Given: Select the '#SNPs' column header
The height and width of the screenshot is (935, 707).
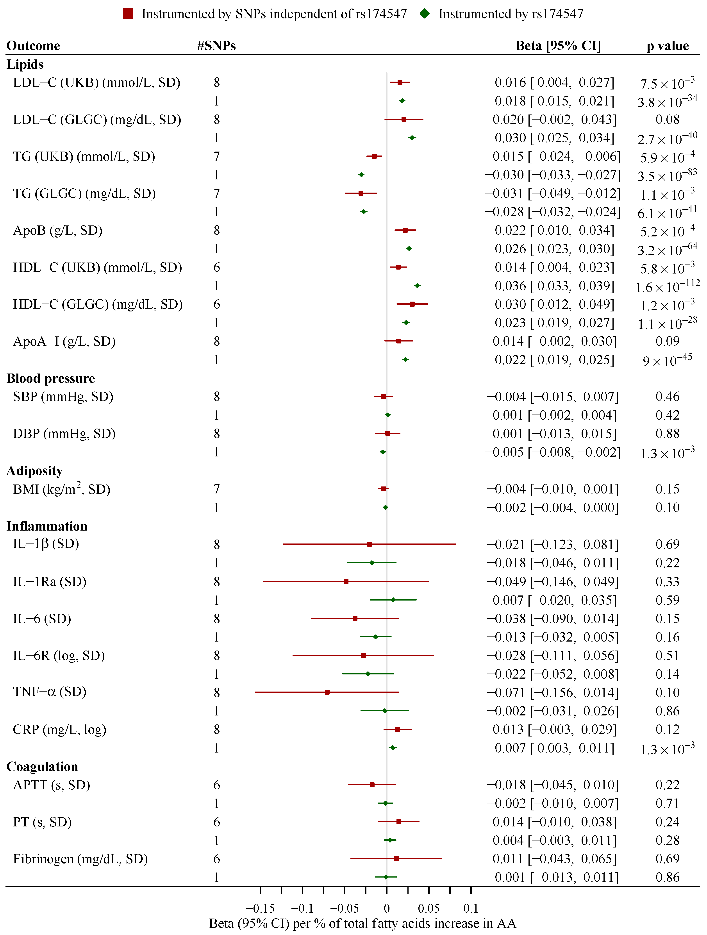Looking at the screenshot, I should pos(216,46).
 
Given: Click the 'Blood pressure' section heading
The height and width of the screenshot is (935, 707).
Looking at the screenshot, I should pos(51,378).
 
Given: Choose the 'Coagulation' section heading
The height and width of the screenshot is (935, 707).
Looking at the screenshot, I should pos(42,766).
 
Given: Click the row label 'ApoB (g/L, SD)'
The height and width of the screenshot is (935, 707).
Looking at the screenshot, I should pos(58,230).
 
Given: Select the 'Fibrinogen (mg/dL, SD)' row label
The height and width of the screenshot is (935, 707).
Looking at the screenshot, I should pos(80,859).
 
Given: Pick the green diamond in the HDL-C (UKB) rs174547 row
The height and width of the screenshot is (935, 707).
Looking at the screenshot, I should pos(417,286).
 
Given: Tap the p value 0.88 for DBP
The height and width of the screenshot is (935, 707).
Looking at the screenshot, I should pos(667,434).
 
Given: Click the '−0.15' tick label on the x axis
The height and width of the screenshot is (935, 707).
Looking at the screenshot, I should pos(260,908).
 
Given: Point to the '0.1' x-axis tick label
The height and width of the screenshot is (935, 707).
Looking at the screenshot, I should pos(471,908).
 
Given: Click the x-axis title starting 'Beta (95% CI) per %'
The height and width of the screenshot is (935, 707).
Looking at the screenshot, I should pos(362,924).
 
